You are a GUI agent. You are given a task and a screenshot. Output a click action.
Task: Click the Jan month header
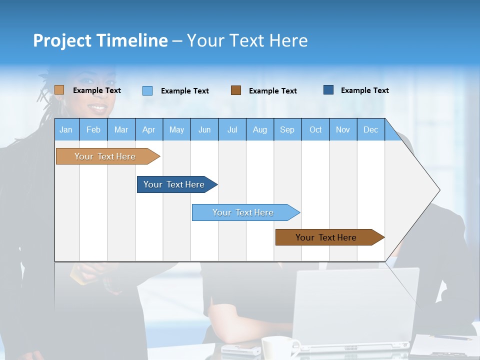[66, 129]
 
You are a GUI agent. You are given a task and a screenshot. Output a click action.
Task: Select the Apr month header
[148, 129]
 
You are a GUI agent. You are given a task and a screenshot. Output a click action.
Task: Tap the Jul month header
[232, 129]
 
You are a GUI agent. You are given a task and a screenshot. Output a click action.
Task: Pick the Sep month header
[287, 129]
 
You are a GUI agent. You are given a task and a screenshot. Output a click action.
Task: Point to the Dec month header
[370, 129]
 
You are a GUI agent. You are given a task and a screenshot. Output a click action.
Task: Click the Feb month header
[93, 129]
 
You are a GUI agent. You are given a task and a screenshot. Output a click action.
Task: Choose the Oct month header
[315, 129]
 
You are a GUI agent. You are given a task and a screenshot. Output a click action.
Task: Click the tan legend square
[59, 90]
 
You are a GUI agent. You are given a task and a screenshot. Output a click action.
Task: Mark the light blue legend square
[147, 90]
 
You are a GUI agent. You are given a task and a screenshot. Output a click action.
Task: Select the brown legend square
[236, 90]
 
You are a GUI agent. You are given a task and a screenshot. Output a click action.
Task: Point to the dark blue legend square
[328, 90]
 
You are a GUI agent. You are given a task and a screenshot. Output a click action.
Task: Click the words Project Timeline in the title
[100, 40]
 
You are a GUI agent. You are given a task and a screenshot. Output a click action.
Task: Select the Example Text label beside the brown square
[272, 91]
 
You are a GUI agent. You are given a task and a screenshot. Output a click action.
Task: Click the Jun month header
[204, 129]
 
